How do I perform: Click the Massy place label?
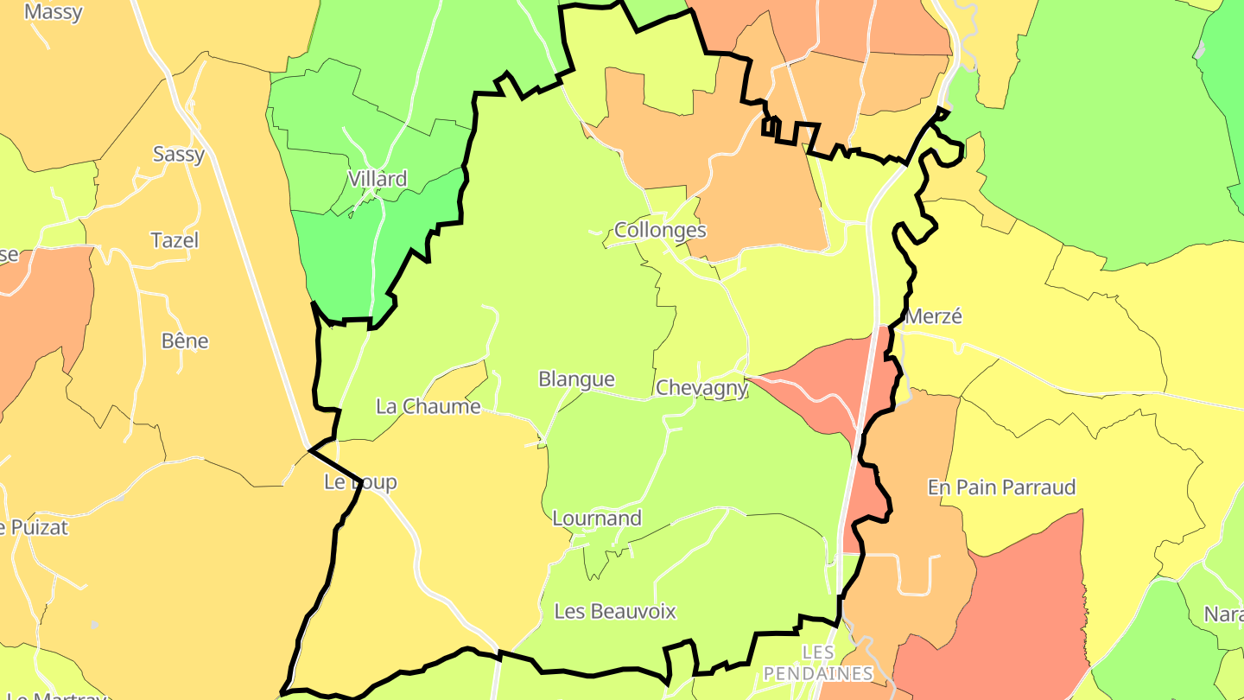(x=54, y=12)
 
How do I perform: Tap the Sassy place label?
(x=179, y=155)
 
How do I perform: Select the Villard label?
(x=377, y=179)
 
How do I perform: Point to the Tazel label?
(x=175, y=240)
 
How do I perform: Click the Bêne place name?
(x=185, y=340)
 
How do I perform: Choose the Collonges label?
(x=660, y=230)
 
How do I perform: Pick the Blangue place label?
(x=576, y=379)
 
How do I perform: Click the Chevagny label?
(x=701, y=388)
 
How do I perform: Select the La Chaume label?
(x=428, y=406)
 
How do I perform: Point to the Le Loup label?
(x=360, y=482)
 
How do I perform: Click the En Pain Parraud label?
(x=1001, y=487)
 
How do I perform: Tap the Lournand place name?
(x=597, y=519)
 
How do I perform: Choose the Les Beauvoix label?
(x=614, y=612)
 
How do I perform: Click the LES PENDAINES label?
(x=818, y=662)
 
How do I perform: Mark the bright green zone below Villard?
(x=346, y=259)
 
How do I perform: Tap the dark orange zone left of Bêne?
(x=43, y=311)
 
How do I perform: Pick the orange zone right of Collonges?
(x=760, y=199)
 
